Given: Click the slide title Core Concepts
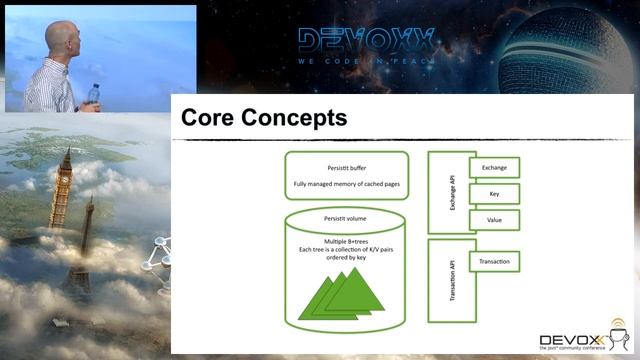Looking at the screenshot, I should pos(263,118).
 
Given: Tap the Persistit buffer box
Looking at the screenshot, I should pos(346,172).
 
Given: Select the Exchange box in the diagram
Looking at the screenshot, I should pos(494,167).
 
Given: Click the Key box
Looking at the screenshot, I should pos(494,193).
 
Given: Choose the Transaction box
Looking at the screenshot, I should pos(494,262).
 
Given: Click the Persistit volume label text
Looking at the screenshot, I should pos(346,217).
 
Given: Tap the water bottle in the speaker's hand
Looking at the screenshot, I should pos(94,95).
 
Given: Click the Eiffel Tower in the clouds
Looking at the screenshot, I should pos(84,240).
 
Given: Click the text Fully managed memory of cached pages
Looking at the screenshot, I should pos(346,185).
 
